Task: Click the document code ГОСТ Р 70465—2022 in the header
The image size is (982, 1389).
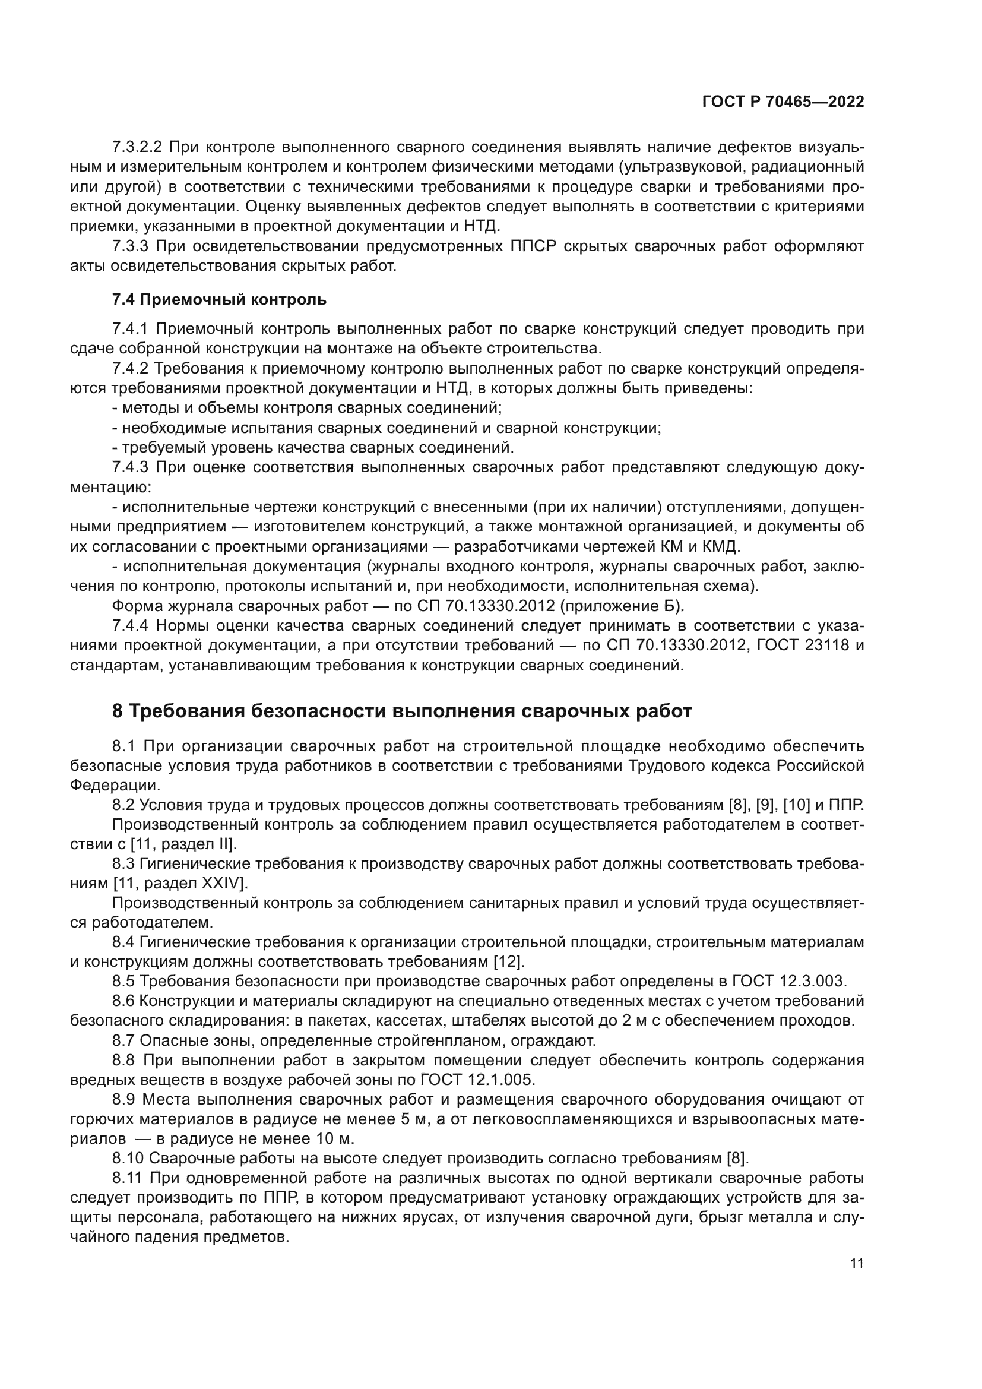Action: click(x=783, y=102)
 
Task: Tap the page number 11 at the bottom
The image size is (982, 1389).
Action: click(x=857, y=1264)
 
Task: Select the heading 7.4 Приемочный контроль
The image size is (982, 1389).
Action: click(x=220, y=299)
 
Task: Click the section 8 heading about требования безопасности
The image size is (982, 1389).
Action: click(x=402, y=711)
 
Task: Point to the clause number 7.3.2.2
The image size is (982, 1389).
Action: click(x=138, y=147)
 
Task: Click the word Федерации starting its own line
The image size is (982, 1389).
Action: click(x=115, y=785)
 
